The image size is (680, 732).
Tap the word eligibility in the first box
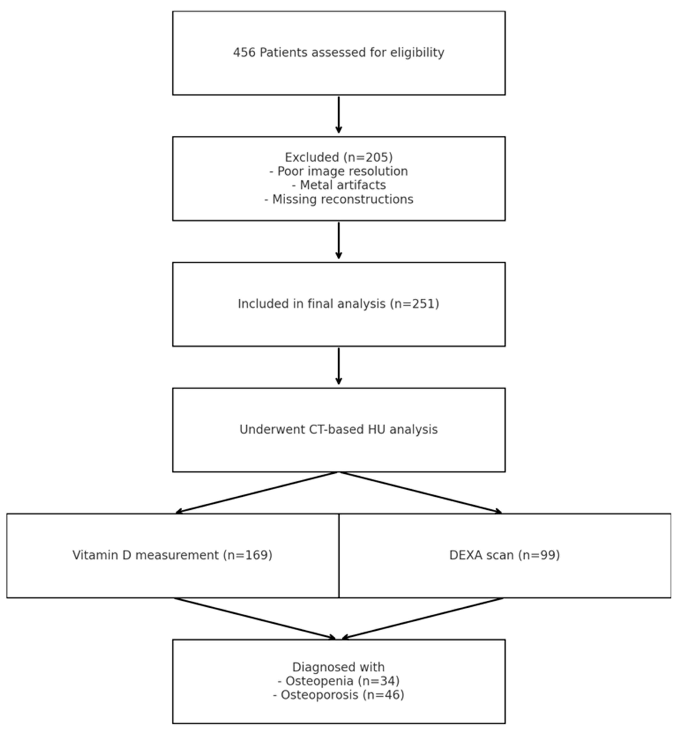click(x=417, y=53)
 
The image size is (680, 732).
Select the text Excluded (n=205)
click(x=339, y=157)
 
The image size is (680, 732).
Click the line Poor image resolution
click(x=339, y=171)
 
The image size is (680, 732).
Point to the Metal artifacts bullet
click(x=339, y=185)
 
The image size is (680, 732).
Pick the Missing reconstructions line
click(x=339, y=199)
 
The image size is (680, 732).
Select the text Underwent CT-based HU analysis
click(x=339, y=430)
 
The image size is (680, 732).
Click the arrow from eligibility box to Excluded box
click(x=339, y=115)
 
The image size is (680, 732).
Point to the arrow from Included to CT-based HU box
click(x=339, y=366)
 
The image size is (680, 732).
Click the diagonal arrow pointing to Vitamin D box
click(x=258, y=493)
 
